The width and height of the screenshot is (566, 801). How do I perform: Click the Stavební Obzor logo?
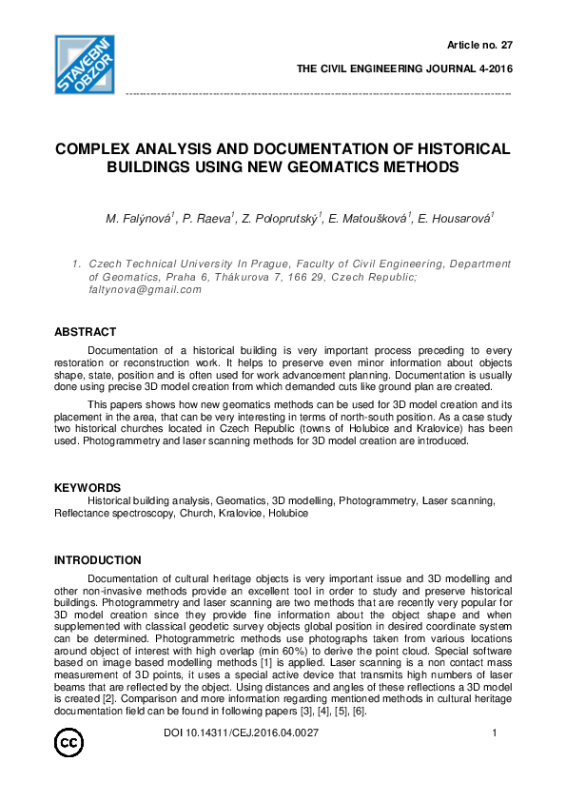tap(86, 64)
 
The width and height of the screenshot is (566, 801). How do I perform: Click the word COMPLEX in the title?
tap(101, 150)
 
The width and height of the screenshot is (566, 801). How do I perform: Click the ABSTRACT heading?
tap(85, 332)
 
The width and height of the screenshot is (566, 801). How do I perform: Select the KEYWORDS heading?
tap(87, 487)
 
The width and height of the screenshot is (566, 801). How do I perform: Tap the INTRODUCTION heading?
tap(97, 560)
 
